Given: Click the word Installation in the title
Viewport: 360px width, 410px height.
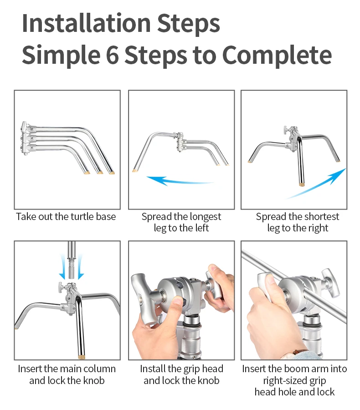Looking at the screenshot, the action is (x=86, y=23).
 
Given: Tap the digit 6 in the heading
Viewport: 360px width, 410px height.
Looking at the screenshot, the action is (x=112, y=55).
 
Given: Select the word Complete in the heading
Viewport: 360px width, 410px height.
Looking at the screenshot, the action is (x=277, y=55).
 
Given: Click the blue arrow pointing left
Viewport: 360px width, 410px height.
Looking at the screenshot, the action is (x=180, y=181).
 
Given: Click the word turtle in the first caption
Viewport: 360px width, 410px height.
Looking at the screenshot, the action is (x=78, y=216).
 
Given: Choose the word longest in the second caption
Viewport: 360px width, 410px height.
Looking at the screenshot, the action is (x=206, y=217).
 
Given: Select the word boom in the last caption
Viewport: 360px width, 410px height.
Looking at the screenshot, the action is (x=294, y=369).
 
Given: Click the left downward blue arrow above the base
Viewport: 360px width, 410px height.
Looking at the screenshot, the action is (x=62, y=266).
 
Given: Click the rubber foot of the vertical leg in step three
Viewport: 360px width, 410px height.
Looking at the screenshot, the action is (x=302, y=184).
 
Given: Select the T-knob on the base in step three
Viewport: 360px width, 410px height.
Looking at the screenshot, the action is (x=287, y=130).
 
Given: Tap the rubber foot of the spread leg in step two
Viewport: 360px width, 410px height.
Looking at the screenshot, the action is (x=134, y=170).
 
